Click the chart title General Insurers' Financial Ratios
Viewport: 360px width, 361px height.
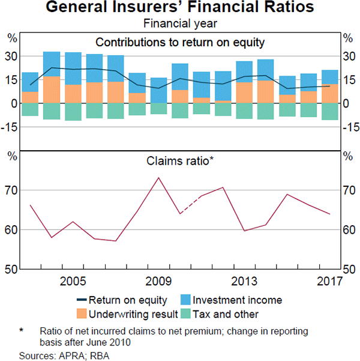click(180, 9)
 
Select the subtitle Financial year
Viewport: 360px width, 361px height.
click(180, 24)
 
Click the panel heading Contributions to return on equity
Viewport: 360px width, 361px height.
click(180, 42)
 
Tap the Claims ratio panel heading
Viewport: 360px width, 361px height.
click(180, 161)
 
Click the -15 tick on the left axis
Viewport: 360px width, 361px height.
click(11, 127)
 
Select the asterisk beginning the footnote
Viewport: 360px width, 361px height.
click(21, 331)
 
